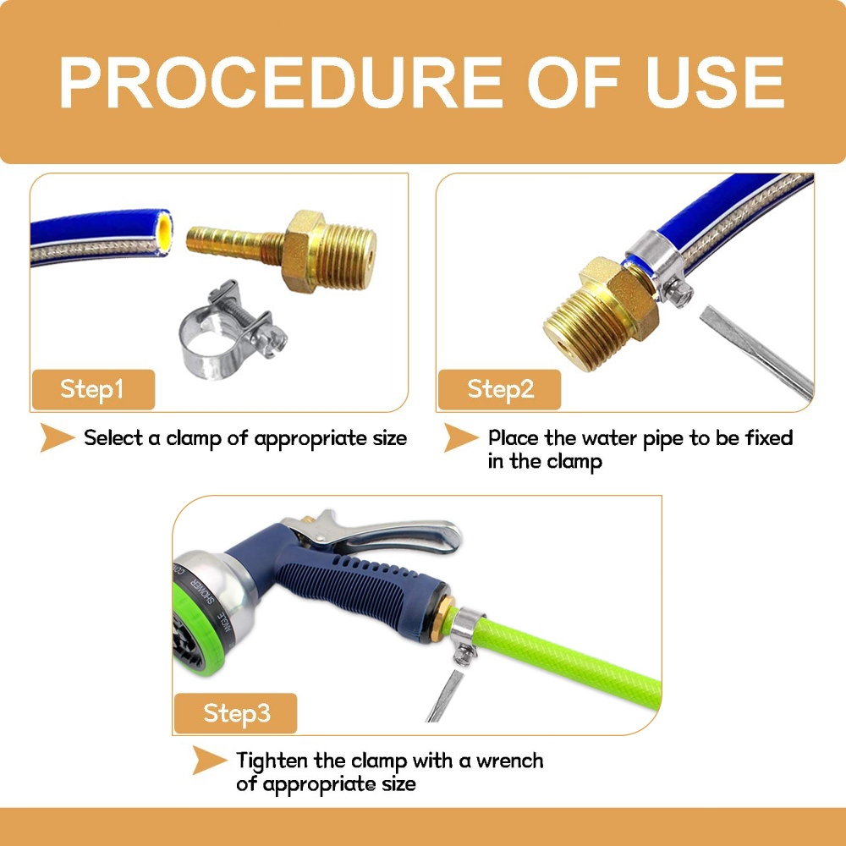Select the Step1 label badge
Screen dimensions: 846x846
coord(93,389)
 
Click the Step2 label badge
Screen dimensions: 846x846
coord(500,389)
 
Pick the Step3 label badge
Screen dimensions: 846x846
coord(236,712)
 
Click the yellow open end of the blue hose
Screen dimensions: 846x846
coord(164,233)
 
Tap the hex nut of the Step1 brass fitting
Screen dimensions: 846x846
coord(302,251)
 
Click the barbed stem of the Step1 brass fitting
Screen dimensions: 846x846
coord(234,244)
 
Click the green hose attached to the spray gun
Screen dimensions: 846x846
coord(567,657)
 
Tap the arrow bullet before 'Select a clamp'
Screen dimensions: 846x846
coord(56,437)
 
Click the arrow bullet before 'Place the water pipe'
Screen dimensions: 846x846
coord(460,437)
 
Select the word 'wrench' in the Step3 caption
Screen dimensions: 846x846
coord(509,761)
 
